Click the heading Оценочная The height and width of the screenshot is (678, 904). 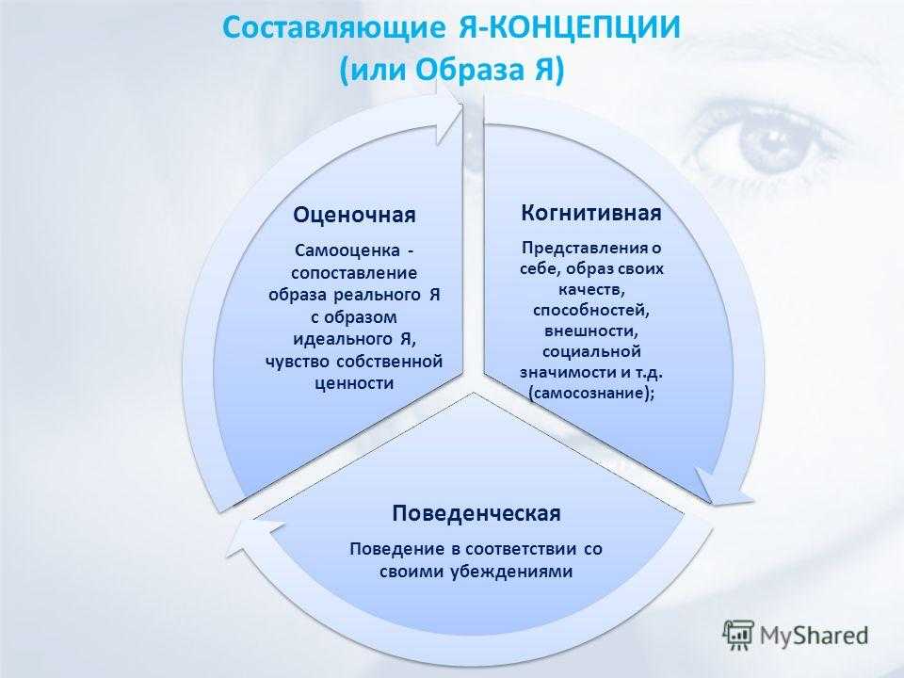pos(354,215)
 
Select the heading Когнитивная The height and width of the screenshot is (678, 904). pos(591,213)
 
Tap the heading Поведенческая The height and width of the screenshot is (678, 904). pos(476,513)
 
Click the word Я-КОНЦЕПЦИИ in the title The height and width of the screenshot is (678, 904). pos(570,27)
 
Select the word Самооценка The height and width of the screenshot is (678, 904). pos(347,250)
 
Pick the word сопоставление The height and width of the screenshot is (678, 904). pos(354,273)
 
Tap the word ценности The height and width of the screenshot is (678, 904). pos(354,383)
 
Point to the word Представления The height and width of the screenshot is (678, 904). pos(585,248)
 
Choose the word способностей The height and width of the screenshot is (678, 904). pos(591,310)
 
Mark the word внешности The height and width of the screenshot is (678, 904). pos(591,331)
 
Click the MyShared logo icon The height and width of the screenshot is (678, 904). pos(738,635)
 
